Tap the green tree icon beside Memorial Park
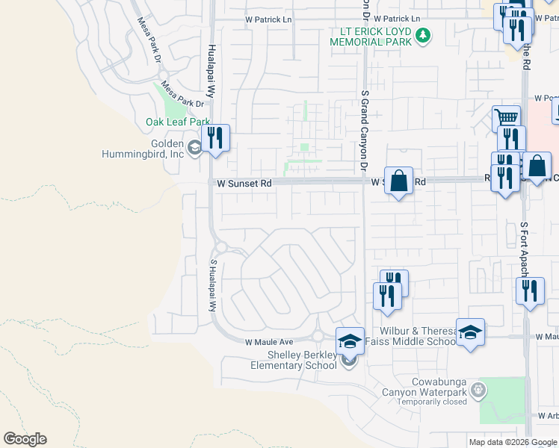click(x=423, y=35)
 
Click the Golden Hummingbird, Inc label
click(x=143, y=149)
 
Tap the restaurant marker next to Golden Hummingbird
click(x=215, y=138)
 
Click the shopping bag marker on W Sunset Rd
click(x=399, y=181)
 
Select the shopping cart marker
click(x=507, y=118)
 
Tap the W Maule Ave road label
click(x=270, y=341)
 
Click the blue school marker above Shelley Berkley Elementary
click(x=350, y=341)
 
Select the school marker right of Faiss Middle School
click(x=471, y=332)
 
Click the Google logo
click(x=25, y=439)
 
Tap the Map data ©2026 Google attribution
click(x=512, y=442)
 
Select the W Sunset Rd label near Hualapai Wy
click(x=244, y=182)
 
